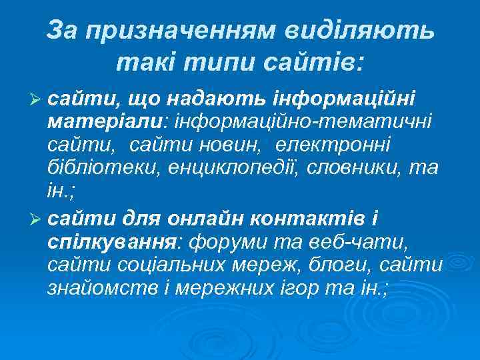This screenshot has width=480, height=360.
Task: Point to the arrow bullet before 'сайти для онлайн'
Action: [x=39, y=218]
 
